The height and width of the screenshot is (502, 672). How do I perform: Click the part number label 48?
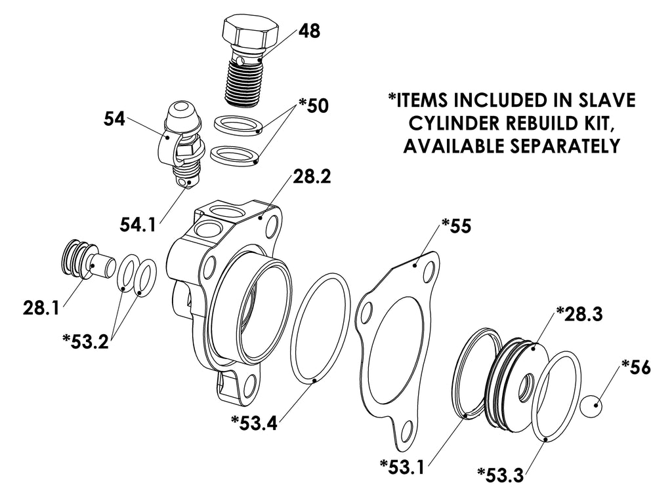click(309, 31)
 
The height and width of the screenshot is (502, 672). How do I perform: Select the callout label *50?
click(314, 106)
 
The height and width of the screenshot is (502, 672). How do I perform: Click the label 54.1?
click(138, 225)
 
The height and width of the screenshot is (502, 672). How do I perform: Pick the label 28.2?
click(312, 176)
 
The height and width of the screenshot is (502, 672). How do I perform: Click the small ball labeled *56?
click(591, 405)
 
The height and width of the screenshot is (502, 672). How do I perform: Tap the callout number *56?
click(636, 367)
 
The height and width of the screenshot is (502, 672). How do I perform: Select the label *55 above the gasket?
click(456, 226)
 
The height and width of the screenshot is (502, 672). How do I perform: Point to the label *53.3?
click(501, 474)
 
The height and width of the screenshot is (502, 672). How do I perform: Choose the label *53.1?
click(402, 467)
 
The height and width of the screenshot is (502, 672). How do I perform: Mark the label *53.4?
click(254, 423)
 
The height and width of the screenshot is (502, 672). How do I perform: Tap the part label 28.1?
click(41, 308)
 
